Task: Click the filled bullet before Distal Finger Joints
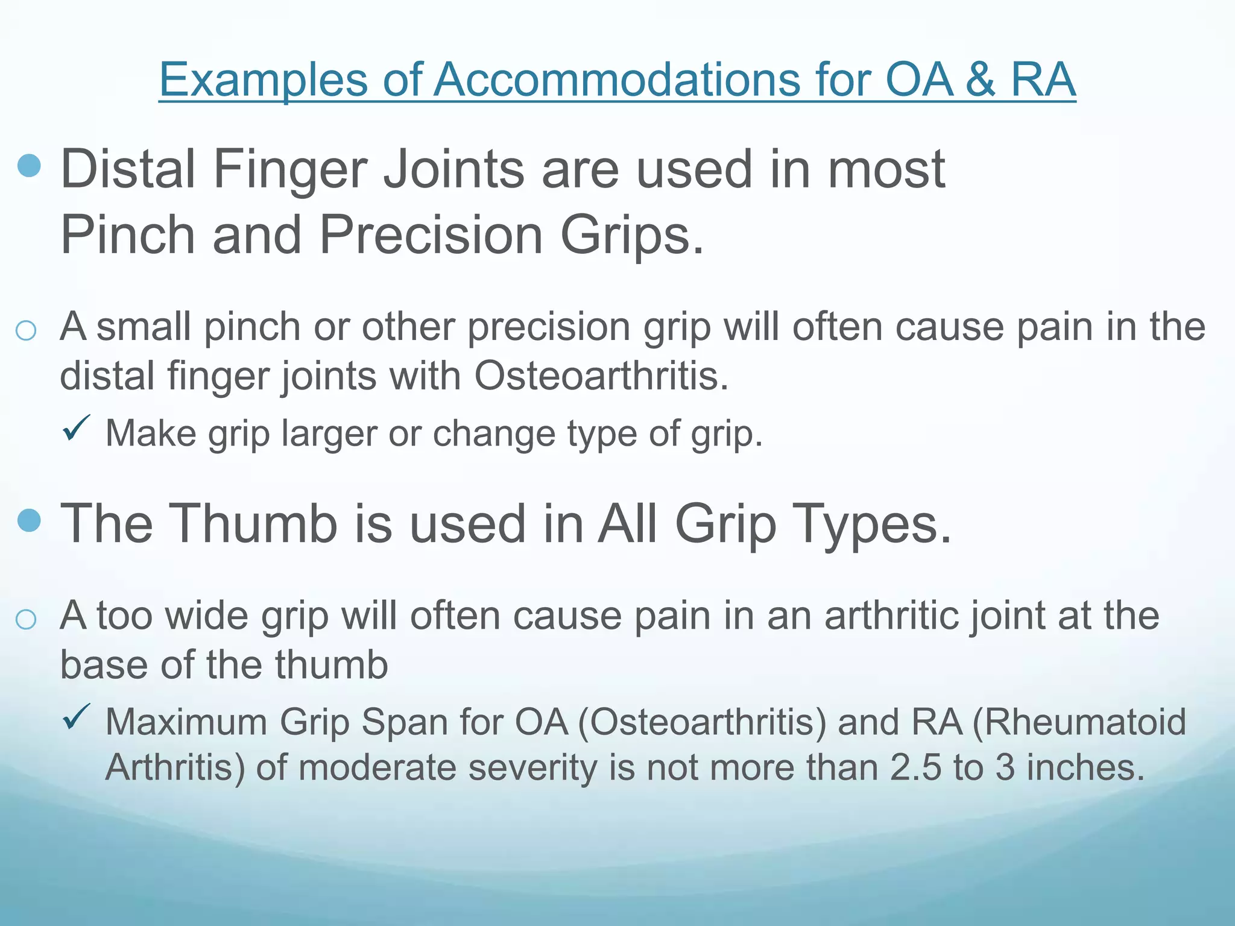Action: [30, 165]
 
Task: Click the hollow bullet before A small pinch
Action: [26, 330]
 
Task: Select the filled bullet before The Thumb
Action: [30, 520]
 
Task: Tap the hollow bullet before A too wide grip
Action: [26, 619]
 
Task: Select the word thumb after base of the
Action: [331, 665]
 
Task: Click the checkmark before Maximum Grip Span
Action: [77, 717]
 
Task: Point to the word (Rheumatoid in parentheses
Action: [1079, 722]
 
